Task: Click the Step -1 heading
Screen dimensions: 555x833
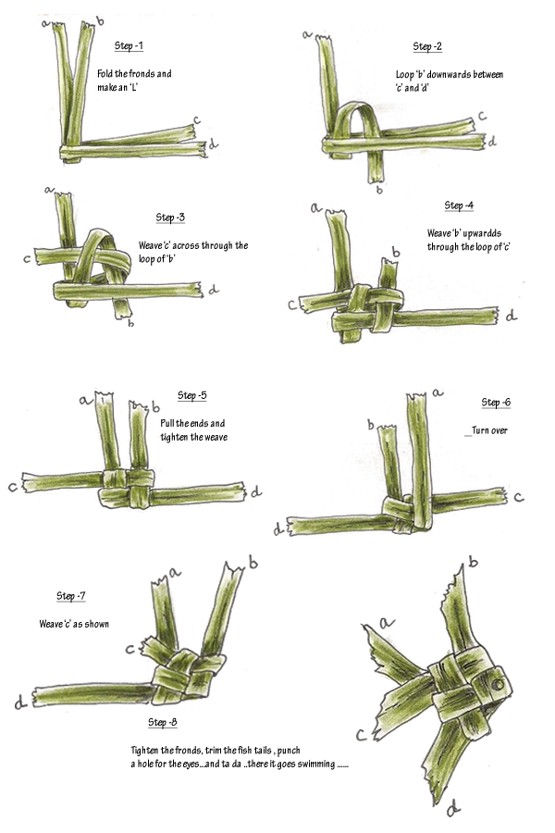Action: (x=129, y=45)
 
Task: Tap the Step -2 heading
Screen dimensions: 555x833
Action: (x=427, y=47)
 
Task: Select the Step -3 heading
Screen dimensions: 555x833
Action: (x=170, y=218)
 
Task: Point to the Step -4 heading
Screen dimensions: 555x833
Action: (x=459, y=205)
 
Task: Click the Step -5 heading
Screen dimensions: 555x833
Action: (x=191, y=395)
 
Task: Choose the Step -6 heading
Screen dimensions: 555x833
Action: (x=496, y=403)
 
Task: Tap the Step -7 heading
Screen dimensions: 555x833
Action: (x=70, y=596)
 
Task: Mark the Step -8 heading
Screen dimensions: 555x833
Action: (x=162, y=722)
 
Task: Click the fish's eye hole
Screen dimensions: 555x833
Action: (x=497, y=685)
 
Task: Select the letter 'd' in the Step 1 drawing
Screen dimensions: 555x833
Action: (x=213, y=144)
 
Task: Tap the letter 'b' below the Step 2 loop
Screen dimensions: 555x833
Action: (x=379, y=190)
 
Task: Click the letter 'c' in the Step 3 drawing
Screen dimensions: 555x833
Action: (x=27, y=260)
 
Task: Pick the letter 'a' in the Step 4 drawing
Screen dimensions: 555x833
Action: (x=316, y=207)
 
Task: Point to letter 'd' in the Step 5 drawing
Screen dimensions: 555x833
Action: (x=256, y=491)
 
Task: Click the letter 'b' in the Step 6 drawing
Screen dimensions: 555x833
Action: (x=371, y=425)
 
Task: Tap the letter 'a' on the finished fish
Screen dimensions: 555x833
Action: (x=388, y=622)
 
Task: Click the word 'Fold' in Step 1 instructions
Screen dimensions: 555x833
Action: (x=105, y=74)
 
